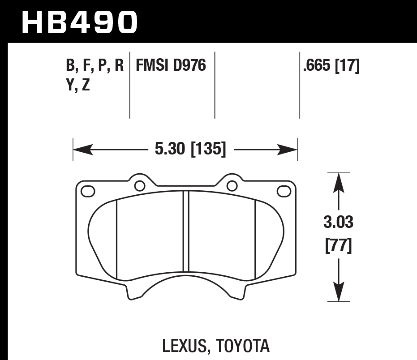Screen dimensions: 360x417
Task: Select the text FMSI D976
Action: (171, 66)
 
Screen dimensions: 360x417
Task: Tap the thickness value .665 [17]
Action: (331, 66)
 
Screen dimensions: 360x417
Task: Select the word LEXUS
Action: (182, 346)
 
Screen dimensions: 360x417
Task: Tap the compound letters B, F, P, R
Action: (94, 66)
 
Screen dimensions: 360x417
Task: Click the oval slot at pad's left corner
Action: (88, 191)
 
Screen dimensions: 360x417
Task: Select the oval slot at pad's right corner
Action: (284, 191)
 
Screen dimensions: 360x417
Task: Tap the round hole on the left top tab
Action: (139, 185)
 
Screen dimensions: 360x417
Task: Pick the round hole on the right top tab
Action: (232, 185)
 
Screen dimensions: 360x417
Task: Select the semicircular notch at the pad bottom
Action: (186, 287)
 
